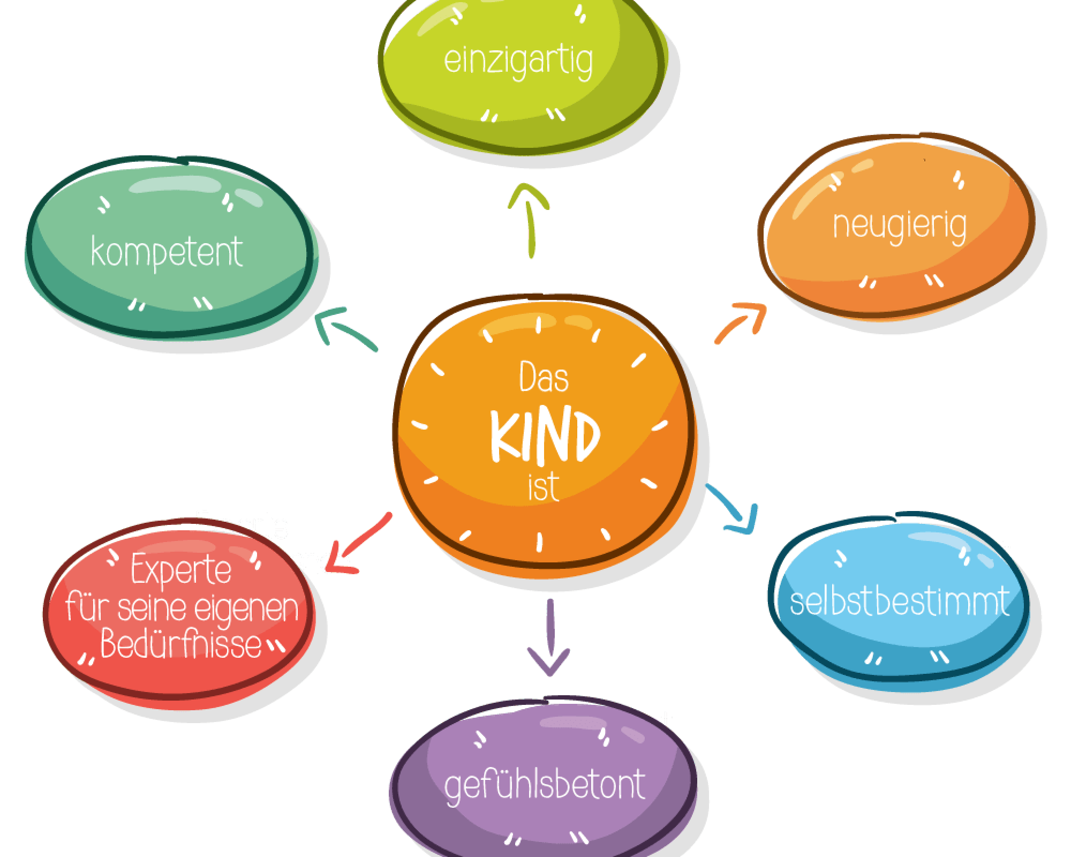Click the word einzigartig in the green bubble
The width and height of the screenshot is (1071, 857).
518,62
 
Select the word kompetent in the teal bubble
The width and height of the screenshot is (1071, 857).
167,252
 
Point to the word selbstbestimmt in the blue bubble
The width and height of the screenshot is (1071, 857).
900,601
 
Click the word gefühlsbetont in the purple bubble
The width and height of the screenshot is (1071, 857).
545,785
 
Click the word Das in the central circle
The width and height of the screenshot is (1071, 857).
544,378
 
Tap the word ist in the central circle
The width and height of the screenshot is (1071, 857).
543,488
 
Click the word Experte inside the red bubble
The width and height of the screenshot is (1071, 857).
181,571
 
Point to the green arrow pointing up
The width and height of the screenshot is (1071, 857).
529,220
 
